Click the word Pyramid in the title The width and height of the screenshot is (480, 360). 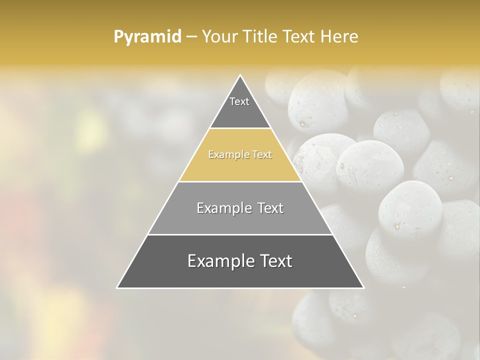(x=147, y=37)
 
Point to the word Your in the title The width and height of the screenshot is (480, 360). (x=219, y=37)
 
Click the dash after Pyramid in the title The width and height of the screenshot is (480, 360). (x=191, y=37)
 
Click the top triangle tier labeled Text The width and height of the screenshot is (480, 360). (x=239, y=107)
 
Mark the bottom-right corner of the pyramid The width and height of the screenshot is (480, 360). (x=363, y=287)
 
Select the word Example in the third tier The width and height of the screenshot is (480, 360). (x=224, y=208)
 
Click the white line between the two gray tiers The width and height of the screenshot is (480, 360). (x=240, y=234)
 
